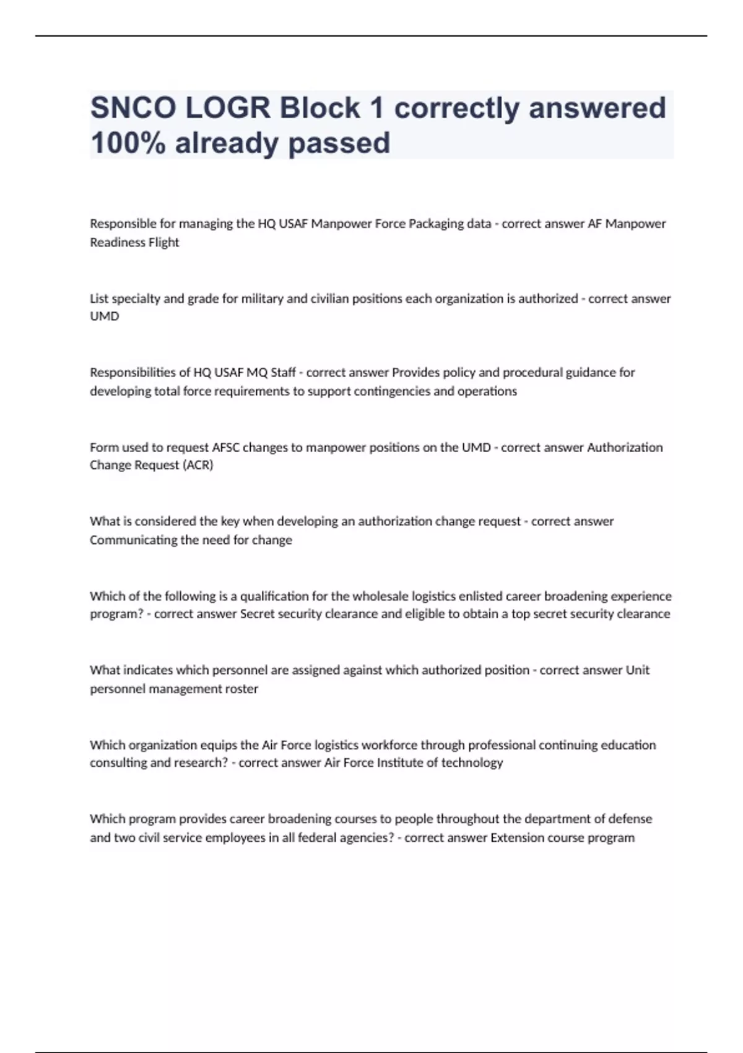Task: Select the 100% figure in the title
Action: click(128, 143)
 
